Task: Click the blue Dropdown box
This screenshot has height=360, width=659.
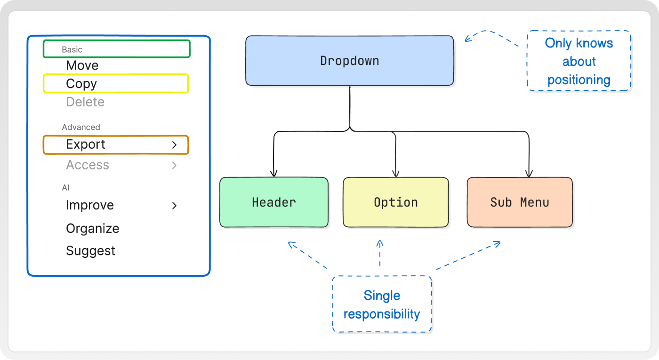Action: pyautogui.click(x=349, y=61)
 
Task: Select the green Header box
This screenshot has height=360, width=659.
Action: pyautogui.click(x=274, y=202)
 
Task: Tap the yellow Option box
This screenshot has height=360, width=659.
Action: pyautogui.click(x=396, y=202)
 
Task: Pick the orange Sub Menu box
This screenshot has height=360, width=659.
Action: pyautogui.click(x=520, y=202)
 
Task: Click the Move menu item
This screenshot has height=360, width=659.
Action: pyautogui.click(x=82, y=65)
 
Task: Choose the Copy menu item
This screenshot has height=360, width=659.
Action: pyautogui.click(x=81, y=84)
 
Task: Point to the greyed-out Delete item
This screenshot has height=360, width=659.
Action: pyautogui.click(x=85, y=102)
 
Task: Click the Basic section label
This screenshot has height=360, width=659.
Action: pyautogui.click(x=72, y=49)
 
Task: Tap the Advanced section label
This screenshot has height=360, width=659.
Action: pyautogui.click(x=81, y=127)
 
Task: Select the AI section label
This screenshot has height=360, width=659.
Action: pyautogui.click(x=65, y=188)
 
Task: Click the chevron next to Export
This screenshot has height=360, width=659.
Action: pyautogui.click(x=174, y=145)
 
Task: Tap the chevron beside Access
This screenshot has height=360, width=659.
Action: pyautogui.click(x=174, y=165)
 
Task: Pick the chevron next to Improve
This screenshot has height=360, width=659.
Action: pyautogui.click(x=174, y=205)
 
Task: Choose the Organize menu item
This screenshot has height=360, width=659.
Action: pyautogui.click(x=92, y=229)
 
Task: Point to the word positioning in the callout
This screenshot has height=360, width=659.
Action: pyautogui.click(x=579, y=80)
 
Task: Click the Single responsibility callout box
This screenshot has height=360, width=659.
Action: pyautogui.click(x=382, y=304)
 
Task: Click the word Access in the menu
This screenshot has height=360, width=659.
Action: pyautogui.click(x=88, y=165)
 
